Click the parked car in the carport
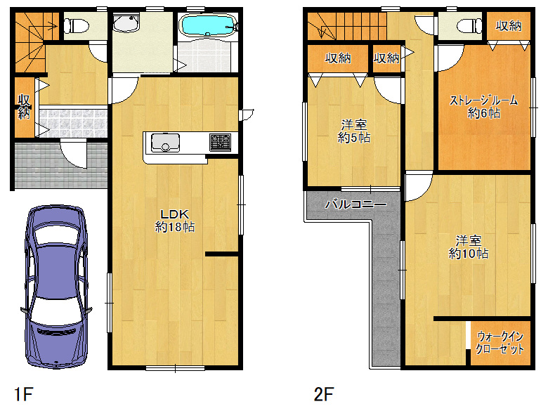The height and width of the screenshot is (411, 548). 57,287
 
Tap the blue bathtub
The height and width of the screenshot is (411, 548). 208,25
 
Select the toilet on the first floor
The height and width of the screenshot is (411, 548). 77,26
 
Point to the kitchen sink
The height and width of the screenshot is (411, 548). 165,143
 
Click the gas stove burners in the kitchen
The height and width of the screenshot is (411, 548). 220,143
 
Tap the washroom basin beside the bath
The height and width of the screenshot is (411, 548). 126,23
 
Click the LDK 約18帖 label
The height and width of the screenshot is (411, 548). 175,221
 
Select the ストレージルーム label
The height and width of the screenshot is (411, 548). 483,100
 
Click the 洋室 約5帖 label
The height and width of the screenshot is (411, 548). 353,131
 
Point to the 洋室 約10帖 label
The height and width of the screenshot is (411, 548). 469,247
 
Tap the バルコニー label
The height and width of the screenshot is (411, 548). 355,204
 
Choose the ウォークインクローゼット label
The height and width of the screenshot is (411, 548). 500,343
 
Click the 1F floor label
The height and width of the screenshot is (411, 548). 23,394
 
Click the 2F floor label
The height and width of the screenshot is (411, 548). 323,394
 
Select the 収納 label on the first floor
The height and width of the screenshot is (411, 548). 24,107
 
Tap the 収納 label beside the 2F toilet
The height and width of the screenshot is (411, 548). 509,25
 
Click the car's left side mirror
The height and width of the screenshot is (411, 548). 24,310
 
